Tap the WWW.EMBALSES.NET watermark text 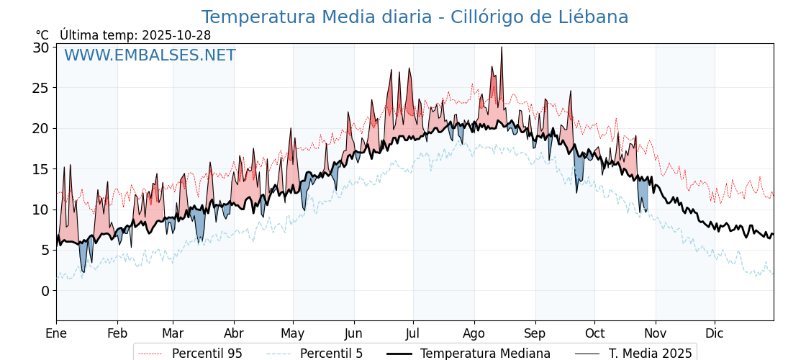(x=150, y=55)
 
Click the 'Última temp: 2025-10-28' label (x=135, y=35)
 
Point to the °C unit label (x=42, y=35)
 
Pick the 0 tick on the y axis (x=45, y=291)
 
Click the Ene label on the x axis (x=56, y=333)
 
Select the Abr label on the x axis (x=234, y=333)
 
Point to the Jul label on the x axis (x=413, y=333)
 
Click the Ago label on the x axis (x=474, y=333)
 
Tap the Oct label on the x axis (x=594, y=333)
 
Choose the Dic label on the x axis (x=715, y=333)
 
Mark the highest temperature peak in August (x=502, y=48)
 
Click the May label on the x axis (x=293, y=333)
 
